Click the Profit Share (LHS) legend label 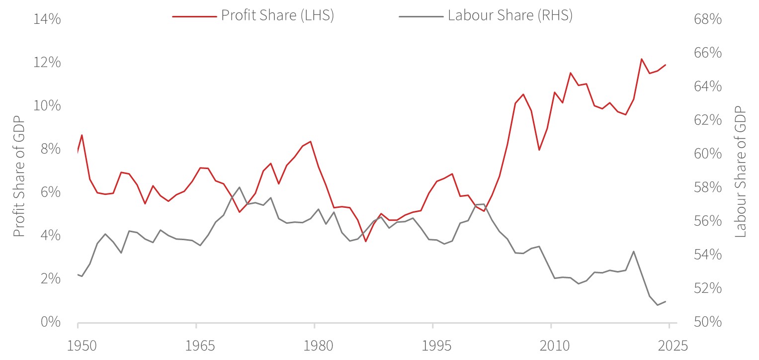[x=277, y=15]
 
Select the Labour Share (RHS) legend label [x=510, y=15]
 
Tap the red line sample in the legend [x=194, y=16]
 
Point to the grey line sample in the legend [x=421, y=16]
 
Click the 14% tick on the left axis [x=47, y=19]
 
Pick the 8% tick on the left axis [x=50, y=149]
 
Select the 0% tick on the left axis [x=50, y=322]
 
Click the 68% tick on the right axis [x=707, y=19]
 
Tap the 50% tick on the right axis [x=707, y=322]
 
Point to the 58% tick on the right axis [x=707, y=187]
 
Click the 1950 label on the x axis [x=78, y=345]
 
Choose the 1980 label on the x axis [x=315, y=345]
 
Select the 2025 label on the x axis [x=669, y=345]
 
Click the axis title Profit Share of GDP [x=18, y=171]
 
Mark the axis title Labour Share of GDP [x=740, y=171]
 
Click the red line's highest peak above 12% [x=642, y=59]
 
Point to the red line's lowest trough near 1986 [x=365, y=242]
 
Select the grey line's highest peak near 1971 [x=240, y=187]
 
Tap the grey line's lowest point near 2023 [x=658, y=305]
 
